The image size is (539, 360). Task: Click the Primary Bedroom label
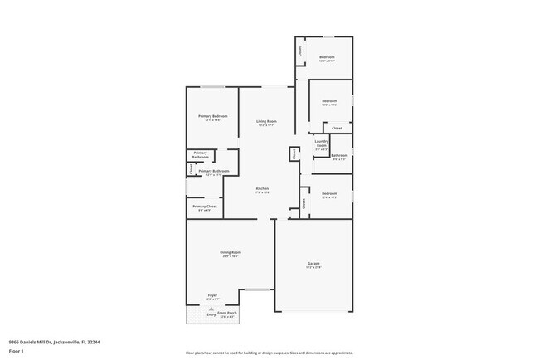coord(212,117)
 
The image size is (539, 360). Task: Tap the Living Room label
coord(266,123)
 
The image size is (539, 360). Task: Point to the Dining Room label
coord(230,254)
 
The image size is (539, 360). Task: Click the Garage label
coord(313,265)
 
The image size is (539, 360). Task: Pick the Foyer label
coord(212,296)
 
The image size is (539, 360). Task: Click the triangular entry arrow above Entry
coord(211,308)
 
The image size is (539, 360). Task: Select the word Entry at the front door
coord(211,315)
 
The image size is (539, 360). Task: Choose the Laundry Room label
coord(322,144)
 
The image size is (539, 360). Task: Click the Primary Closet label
coord(204,207)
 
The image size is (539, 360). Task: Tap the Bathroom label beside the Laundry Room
coord(339,156)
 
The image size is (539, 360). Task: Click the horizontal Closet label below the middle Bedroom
coord(337,129)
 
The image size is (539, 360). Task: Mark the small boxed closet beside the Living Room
coord(294,153)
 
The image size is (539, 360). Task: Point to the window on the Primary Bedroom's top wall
coord(211,86)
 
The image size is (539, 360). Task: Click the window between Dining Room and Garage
coord(257,289)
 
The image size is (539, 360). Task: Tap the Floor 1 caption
coord(16,352)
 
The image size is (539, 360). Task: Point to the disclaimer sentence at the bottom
coord(269,353)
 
